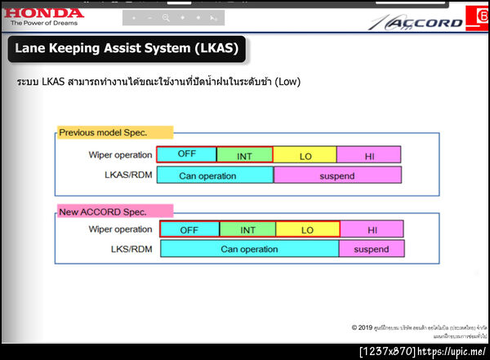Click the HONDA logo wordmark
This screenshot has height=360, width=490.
pyautogui.click(x=42, y=12)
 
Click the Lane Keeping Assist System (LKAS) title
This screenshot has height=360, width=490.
pyautogui.click(x=127, y=49)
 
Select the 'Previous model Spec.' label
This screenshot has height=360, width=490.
pyautogui.click(x=115, y=132)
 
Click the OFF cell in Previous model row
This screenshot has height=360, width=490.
pyautogui.click(x=186, y=154)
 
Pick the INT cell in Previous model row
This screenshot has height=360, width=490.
pyautogui.click(x=244, y=154)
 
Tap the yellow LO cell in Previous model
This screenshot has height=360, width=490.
pyautogui.click(x=304, y=154)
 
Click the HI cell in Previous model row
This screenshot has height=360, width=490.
pyautogui.click(x=368, y=154)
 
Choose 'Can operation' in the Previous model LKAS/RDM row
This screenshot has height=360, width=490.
pyautogui.click(x=214, y=176)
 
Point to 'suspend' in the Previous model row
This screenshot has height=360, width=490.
pyautogui.click(x=337, y=176)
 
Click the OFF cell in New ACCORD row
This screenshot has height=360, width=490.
pyautogui.click(x=189, y=229)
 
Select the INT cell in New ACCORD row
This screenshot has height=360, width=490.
pyautogui.click(x=248, y=229)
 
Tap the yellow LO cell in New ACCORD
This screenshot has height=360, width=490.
pyautogui.click(x=308, y=229)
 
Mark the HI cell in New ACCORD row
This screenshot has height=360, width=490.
pyautogui.click(x=372, y=229)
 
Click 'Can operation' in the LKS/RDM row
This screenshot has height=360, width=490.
pyautogui.click(x=249, y=249)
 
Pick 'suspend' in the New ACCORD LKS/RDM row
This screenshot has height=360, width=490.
pyautogui.click(x=372, y=249)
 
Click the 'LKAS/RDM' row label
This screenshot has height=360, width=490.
pyautogui.click(x=128, y=175)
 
